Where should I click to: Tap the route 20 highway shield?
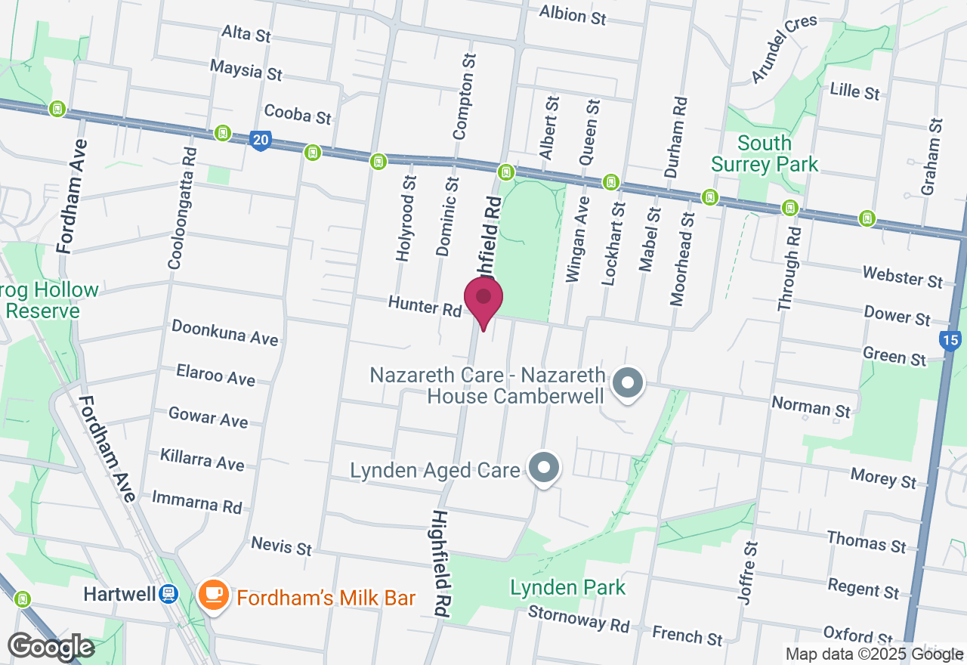tap(260, 141)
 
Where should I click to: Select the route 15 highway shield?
tap(950, 341)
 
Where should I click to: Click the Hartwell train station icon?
tap(168, 595)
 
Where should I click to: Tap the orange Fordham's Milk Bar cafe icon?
tap(213, 595)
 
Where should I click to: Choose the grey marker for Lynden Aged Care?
tap(543, 468)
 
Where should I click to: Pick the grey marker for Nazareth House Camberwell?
tap(626, 383)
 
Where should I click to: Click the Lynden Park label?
tap(567, 587)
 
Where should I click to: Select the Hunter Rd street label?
tap(425, 305)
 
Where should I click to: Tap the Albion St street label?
tap(573, 14)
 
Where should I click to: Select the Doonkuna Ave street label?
tap(225, 332)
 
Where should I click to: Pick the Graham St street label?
tap(931, 156)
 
